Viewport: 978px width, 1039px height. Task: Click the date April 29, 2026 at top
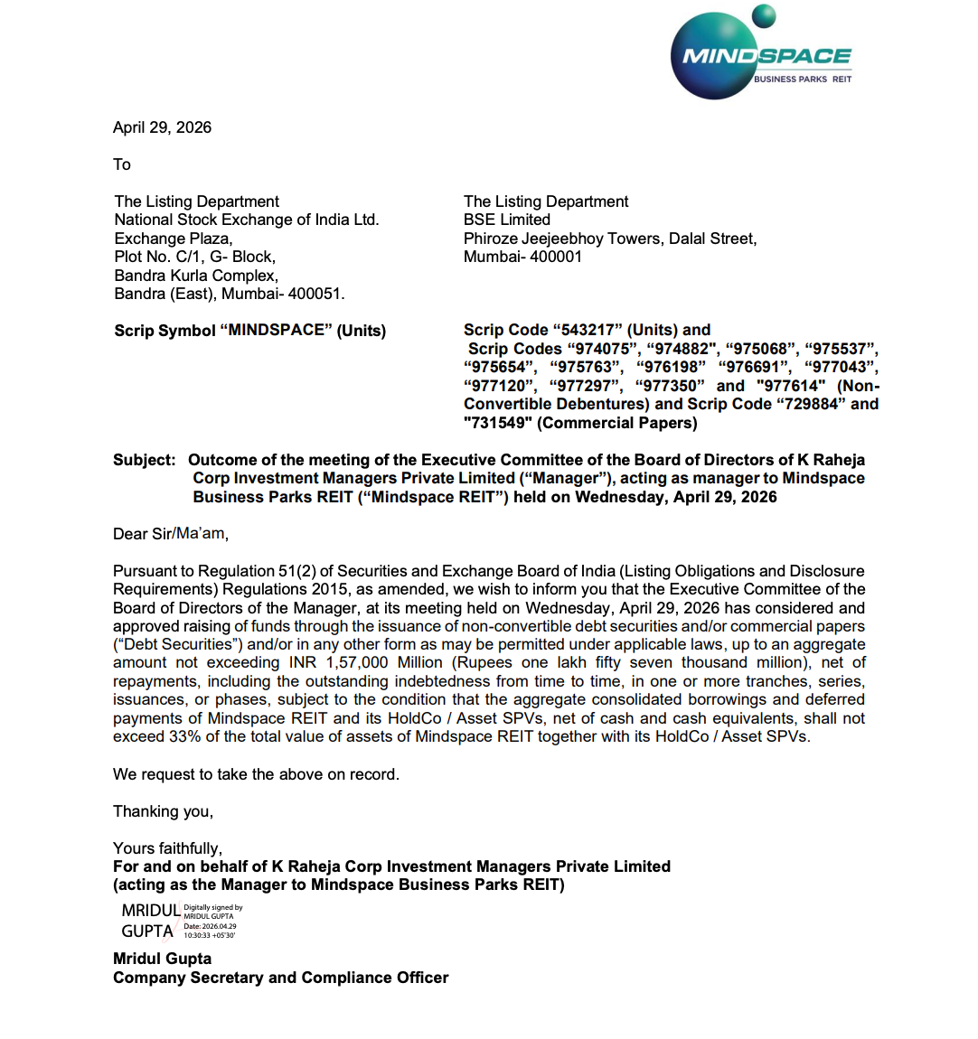pyautogui.click(x=162, y=127)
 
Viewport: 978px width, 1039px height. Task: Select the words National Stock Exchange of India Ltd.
pyautogui.click(x=247, y=220)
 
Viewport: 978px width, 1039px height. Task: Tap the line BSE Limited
pyautogui.click(x=506, y=220)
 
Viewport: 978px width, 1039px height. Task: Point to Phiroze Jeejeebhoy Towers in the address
pyautogui.click(x=561, y=239)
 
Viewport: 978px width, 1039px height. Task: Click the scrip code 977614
pyautogui.click(x=791, y=386)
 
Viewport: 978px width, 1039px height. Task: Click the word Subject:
pyautogui.click(x=145, y=460)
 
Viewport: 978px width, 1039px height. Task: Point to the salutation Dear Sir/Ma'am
pyautogui.click(x=170, y=534)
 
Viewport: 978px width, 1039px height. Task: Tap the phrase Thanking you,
pyautogui.click(x=163, y=811)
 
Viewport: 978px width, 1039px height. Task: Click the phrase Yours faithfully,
pyautogui.click(x=167, y=848)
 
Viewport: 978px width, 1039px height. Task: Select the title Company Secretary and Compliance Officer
pyautogui.click(x=280, y=978)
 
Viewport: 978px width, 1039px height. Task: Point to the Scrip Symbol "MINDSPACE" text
pyautogui.click(x=249, y=331)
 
